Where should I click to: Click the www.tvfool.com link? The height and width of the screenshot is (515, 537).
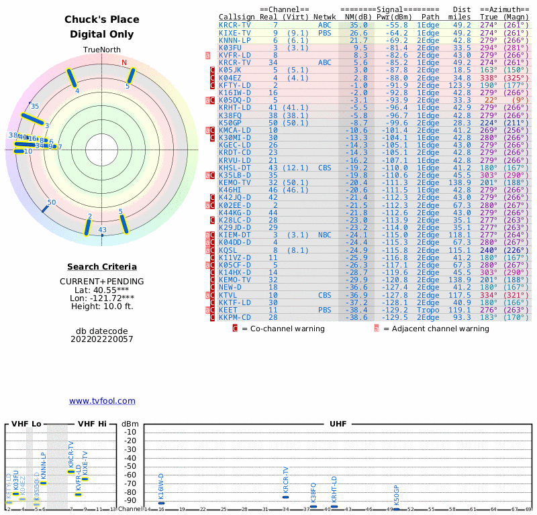pos(102,401)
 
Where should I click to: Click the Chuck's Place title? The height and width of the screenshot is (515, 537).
pos(102,19)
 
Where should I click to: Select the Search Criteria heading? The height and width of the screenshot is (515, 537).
pos(102,267)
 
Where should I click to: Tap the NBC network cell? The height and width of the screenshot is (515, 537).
pos(325,235)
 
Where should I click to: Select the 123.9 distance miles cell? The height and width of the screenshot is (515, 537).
pos(461,85)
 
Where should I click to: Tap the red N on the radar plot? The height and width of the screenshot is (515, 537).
pos(124,63)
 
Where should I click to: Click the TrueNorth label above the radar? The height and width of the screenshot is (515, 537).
pos(102,50)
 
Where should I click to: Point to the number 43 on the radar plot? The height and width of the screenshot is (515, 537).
pos(103,230)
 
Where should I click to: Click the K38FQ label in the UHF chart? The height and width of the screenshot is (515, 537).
pos(313,493)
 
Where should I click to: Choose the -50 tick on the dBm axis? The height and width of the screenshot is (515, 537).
pos(130,466)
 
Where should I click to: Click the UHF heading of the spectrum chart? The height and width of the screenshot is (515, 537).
pos(338,424)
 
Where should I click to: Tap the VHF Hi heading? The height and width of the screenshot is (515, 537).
pos(92,424)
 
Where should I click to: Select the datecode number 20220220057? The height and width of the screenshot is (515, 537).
pos(102,339)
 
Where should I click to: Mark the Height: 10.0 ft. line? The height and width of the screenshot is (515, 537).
pos(102,306)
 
